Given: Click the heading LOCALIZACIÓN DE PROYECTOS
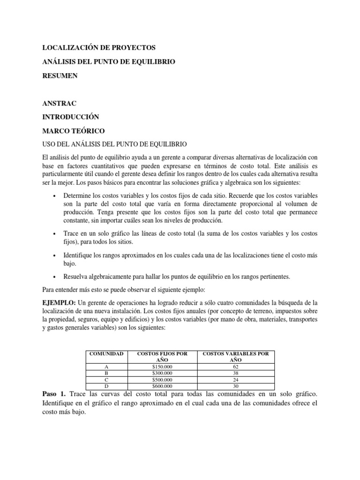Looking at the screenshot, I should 98,48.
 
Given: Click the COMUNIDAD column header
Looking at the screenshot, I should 106,354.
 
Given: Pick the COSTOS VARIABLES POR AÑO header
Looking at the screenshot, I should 235,357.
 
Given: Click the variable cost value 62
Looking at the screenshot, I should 235,367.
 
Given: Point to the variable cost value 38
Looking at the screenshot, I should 235,373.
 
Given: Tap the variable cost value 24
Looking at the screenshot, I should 235,380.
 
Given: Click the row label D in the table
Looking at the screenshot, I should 106,386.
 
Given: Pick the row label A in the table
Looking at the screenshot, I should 106,367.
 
